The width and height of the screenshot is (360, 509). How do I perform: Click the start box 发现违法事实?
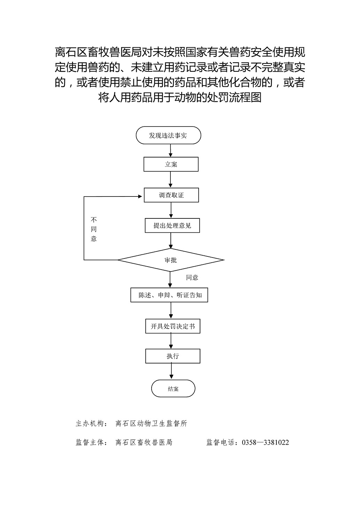click(168, 135)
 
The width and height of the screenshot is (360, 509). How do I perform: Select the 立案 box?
click(171, 164)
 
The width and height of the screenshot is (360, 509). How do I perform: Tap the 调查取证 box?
click(171, 195)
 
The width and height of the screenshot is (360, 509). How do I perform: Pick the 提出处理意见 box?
click(172, 225)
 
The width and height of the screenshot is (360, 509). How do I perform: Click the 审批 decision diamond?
click(171, 260)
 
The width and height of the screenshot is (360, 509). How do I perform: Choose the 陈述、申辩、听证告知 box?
click(169, 295)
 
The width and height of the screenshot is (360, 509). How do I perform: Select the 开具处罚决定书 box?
click(173, 326)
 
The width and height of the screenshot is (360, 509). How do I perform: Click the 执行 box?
click(173, 356)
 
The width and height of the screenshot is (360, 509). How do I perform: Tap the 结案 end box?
click(173, 389)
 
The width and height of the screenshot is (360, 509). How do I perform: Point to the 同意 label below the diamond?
click(192, 277)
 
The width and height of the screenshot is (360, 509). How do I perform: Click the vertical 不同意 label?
click(94, 229)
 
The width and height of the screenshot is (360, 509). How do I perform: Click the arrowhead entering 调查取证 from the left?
click(140, 196)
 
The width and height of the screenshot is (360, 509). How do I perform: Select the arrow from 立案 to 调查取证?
click(170, 179)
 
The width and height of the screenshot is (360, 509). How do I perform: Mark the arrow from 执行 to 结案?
click(171, 371)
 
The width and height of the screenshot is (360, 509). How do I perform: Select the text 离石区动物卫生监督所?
click(151, 424)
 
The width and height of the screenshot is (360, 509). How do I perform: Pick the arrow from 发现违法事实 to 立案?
click(170, 151)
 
